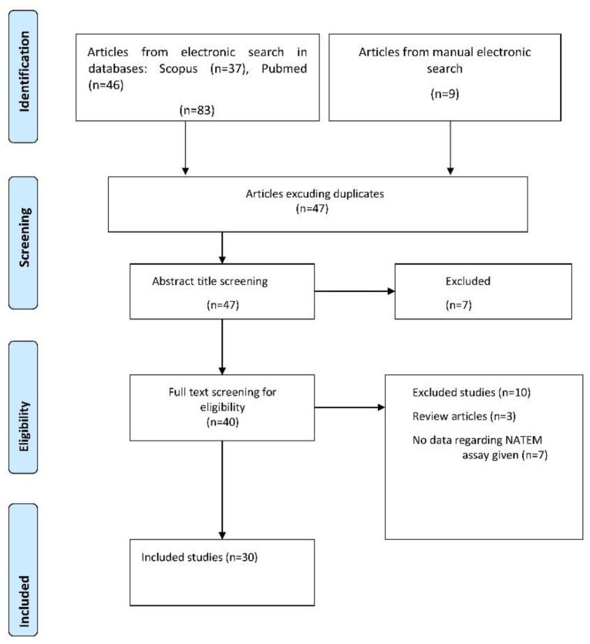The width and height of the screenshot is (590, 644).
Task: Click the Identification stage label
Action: coord(24,72)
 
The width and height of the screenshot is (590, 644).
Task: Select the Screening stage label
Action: coord(24,237)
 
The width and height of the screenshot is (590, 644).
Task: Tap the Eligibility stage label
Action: coord(24,426)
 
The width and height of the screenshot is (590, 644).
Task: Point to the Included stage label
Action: coord(24,602)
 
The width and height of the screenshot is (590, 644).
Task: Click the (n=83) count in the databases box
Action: coord(197,110)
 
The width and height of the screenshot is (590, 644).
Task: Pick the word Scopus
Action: coord(178,69)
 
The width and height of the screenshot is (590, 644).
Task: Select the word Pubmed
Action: coord(284,69)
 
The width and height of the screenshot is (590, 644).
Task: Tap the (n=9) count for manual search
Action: coord(445,94)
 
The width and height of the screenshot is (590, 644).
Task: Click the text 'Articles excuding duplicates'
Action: coord(315,194)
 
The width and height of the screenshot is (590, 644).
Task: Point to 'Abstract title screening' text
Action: coord(210,281)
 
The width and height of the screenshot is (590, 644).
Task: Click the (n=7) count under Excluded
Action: coord(458,305)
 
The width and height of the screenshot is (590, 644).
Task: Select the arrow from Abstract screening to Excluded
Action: coord(355,291)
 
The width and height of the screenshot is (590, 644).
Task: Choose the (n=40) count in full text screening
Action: coord(222,422)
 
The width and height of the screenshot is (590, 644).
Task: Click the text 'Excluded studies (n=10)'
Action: coord(471,393)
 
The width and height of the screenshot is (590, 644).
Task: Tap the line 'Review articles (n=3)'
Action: coord(464,417)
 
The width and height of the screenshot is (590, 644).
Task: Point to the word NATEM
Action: coord(524,441)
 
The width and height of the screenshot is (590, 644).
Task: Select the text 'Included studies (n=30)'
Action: coord(200,558)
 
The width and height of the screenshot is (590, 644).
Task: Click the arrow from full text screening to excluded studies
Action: coord(350,408)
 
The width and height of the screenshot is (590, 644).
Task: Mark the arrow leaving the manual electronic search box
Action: coord(450,148)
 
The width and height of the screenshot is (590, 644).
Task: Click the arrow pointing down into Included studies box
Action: coord(222,491)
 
